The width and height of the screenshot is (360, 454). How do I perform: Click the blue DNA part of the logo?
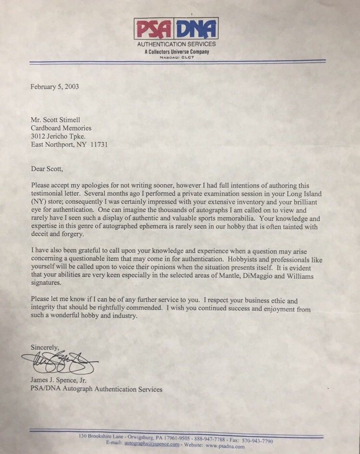point(197,28)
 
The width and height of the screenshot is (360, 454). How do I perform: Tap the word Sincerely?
point(45,347)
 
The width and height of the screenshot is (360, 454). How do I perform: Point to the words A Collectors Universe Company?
point(176,51)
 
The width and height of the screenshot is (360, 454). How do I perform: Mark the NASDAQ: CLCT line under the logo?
point(176,57)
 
